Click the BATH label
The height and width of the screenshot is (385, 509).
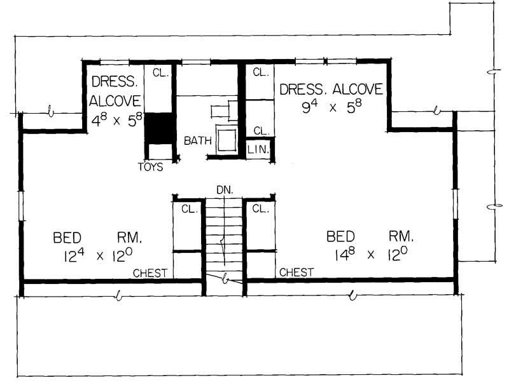coord(197,140)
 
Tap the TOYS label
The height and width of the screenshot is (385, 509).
coord(150,168)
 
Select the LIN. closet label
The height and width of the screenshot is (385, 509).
coord(261,151)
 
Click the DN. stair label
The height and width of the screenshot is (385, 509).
coord(224,189)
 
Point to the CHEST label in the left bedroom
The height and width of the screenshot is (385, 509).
coord(150,273)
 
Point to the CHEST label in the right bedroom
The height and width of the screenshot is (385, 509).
coord(296,272)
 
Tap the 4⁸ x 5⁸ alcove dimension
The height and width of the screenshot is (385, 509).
coord(116,119)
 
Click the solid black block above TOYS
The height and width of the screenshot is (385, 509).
coord(158,128)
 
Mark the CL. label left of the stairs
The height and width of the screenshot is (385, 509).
coord(188,209)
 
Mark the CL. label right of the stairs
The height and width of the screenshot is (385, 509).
coord(260,209)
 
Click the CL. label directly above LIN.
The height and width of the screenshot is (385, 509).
coord(261,130)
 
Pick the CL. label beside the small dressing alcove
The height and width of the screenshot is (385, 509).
coord(159,73)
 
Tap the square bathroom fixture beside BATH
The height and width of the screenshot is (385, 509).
coord(227,139)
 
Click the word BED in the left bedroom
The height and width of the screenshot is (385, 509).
coord(67,238)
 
